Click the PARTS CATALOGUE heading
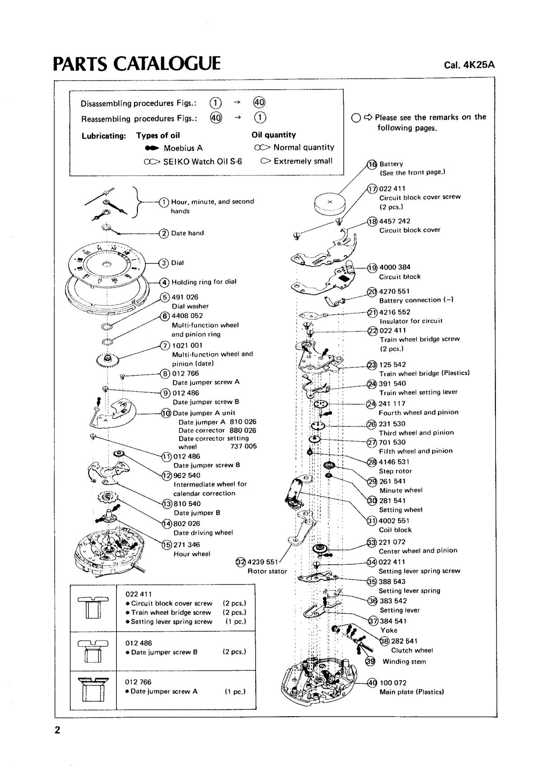pyautogui.click(x=137, y=64)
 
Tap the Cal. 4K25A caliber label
pyautogui.click(x=469, y=65)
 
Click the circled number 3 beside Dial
pyautogui.click(x=164, y=263)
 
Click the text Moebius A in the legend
pyautogui.click(x=183, y=148)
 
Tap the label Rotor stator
pyautogui.click(x=267, y=571)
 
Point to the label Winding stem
pyautogui.click(x=404, y=662)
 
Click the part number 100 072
pyautogui.click(x=393, y=683)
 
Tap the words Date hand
pyautogui.click(x=187, y=233)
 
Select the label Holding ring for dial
pyautogui.click(x=204, y=282)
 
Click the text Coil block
pyautogui.click(x=395, y=530)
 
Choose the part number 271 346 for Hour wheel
pyautogui.click(x=187, y=545)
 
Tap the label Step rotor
pyautogui.click(x=395, y=471)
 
